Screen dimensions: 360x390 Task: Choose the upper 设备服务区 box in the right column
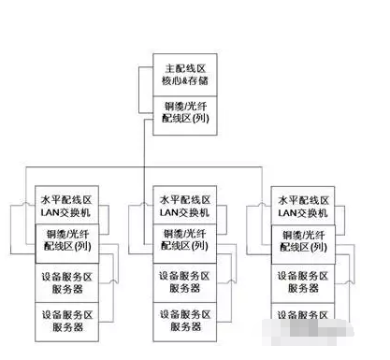click(304, 282)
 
